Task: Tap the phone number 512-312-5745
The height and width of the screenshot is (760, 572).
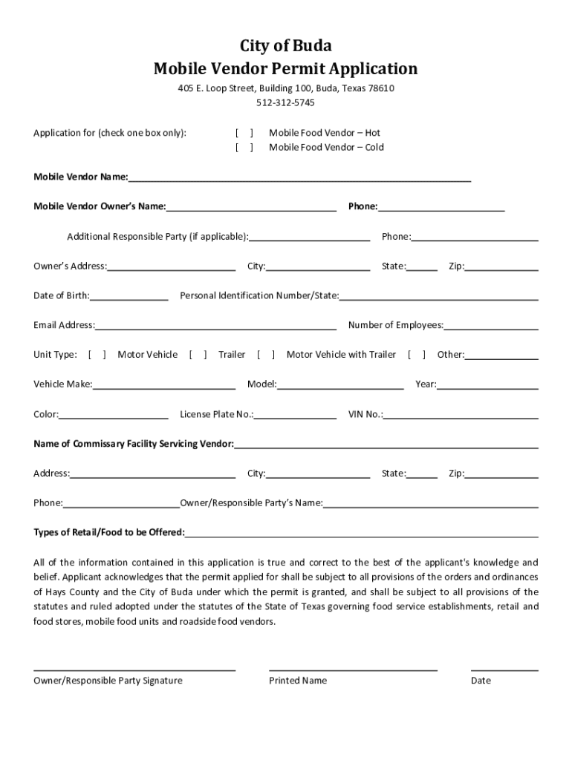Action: point(285,102)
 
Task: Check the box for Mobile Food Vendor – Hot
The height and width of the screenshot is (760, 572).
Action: point(244,133)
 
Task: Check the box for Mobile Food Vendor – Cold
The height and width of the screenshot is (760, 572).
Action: point(244,147)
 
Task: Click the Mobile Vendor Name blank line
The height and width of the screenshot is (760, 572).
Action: point(299,177)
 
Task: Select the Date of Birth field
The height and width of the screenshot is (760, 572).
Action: point(129,296)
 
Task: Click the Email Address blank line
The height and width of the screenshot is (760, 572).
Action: point(215,326)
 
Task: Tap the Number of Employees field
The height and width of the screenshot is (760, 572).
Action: point(491,326)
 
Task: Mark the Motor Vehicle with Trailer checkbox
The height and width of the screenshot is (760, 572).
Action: point(266,355)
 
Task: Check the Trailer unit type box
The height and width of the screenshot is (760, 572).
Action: point(198,355)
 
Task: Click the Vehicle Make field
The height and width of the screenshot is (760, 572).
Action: point(163,385)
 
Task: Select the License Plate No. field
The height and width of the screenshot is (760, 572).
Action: point(295,415)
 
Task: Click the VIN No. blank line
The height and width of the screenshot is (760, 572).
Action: point(461,415)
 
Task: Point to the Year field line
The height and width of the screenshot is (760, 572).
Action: point(487,385)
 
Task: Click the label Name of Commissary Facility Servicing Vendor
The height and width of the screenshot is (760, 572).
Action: point(134,444)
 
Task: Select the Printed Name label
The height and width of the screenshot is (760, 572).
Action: point(298,681)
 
